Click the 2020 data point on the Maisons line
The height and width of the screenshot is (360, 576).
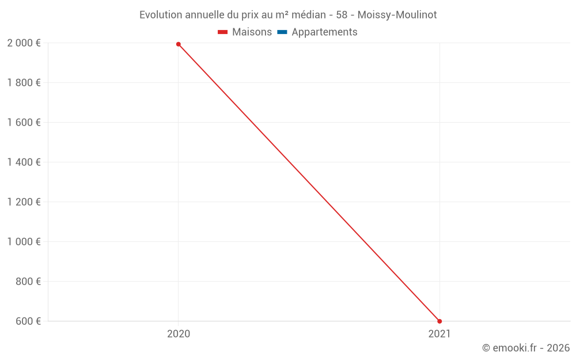tap(179, 44)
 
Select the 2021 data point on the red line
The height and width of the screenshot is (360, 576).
tap(439, 321)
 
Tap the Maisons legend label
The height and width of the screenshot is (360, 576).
tap(252, 32)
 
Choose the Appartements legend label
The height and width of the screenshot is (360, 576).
tap(324, 32)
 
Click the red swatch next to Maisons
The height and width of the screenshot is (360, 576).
tap(223, 32)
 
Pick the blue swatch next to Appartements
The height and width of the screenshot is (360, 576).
tap(282, 32)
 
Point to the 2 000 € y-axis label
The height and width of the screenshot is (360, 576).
tap(24, 43)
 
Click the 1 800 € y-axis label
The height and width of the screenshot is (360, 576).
tap(24, 82)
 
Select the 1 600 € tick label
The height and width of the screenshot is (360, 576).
tap(24, 122)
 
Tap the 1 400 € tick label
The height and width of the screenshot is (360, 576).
tap(24, 162)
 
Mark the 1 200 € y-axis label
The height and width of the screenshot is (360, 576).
tap(24, 202)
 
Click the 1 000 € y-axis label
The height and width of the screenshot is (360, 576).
tap(24, 241)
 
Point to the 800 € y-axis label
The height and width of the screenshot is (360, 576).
tap(27, 281)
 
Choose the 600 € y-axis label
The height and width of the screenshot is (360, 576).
tap(27, 321)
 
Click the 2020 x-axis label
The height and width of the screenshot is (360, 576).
tap(179, 334)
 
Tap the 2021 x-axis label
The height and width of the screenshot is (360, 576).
tap(439, 334)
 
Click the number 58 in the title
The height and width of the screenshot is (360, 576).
tap(341, 15)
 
